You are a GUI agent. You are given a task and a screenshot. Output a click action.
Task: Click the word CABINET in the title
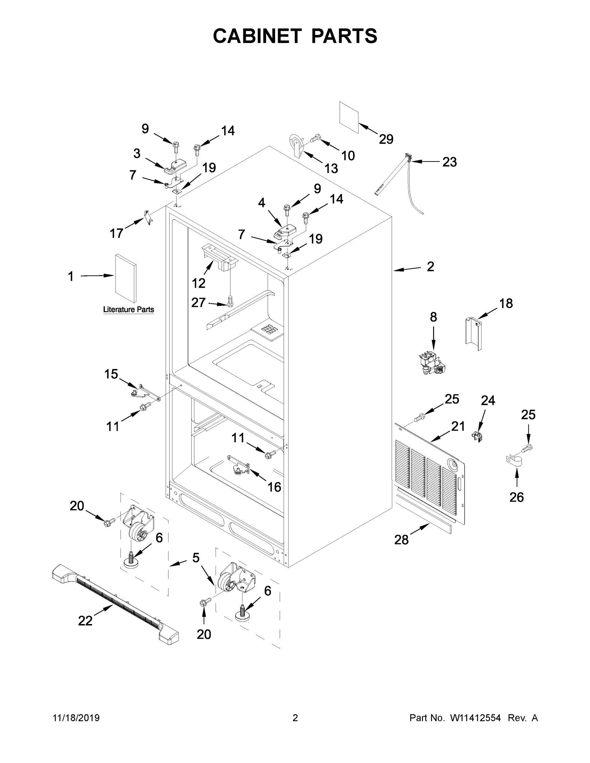click(x=257, y=36)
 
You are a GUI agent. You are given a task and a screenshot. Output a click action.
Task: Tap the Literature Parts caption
click(x=128, y=310)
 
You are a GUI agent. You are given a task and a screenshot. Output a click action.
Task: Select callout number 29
click(x=386, y=139)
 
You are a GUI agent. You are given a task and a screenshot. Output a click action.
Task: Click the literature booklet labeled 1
click(x=126, y=278)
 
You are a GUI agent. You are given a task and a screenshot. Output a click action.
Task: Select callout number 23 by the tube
click(x=449, y=162)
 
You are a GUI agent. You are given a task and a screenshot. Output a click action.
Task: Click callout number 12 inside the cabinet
click(x=198, y=283)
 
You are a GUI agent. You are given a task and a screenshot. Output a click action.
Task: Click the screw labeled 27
click(x=230, y=300)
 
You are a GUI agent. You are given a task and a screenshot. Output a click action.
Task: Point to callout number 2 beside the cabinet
click(x=430, y=266)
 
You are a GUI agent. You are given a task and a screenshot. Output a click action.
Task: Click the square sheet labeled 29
click(x=349, y=117)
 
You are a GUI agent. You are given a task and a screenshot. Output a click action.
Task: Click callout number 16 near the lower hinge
click(x=274, y=487)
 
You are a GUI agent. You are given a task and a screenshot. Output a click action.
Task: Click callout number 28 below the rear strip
click(x=401, y=540)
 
